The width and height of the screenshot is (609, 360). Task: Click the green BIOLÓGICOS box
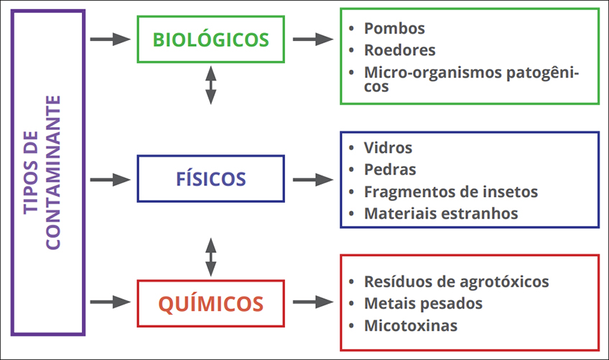[x=210, y=40]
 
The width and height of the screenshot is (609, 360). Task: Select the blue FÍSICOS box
[x=210, y=179]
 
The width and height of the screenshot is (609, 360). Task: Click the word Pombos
[x=394, y=29]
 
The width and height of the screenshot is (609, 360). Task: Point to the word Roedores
[x=399, y=50]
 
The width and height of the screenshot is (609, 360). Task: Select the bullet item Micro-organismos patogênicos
[x=470, y=79]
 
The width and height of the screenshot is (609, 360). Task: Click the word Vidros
[x=388, y=148]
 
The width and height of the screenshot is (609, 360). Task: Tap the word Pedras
[x=390, y=170]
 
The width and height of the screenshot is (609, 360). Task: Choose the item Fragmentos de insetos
[x=450, y=192]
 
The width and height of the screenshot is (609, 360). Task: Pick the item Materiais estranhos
[x=440, y=213]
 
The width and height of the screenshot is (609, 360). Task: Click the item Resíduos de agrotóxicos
[x=456, y=281]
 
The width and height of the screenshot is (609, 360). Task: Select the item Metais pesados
[x=423, y=303]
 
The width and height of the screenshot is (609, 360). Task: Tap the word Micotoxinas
[x=410, y=326]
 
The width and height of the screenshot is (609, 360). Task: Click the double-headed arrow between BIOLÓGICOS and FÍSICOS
[x=210, y=85]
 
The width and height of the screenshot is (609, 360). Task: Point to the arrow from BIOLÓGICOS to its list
[x=312, y=40]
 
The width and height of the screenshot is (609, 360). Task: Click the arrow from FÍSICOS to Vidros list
[x=312, y=180]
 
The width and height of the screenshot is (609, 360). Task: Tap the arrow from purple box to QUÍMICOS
[x=110, y=302]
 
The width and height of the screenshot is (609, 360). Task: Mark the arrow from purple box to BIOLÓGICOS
[x=110, y=40]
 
